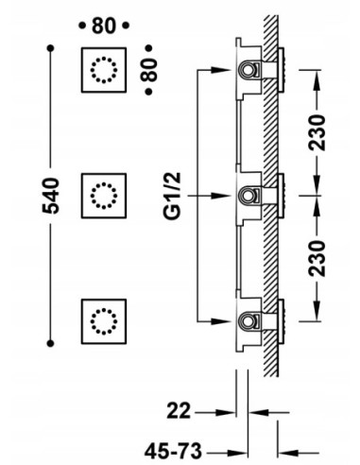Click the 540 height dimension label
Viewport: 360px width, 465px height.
point(51,196)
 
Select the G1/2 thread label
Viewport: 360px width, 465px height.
point(172,196)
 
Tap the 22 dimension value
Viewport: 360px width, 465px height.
point(179,411)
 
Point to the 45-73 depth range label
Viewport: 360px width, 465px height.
point(173,451)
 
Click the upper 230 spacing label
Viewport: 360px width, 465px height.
point(317,132)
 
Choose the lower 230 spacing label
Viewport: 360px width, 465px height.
point(317,259)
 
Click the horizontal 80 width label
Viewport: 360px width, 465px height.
point(104,26)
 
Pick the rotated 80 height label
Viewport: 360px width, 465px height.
point(148,70)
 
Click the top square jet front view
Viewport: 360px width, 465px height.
point(104,70)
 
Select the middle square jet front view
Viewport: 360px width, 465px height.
point(104,196)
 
